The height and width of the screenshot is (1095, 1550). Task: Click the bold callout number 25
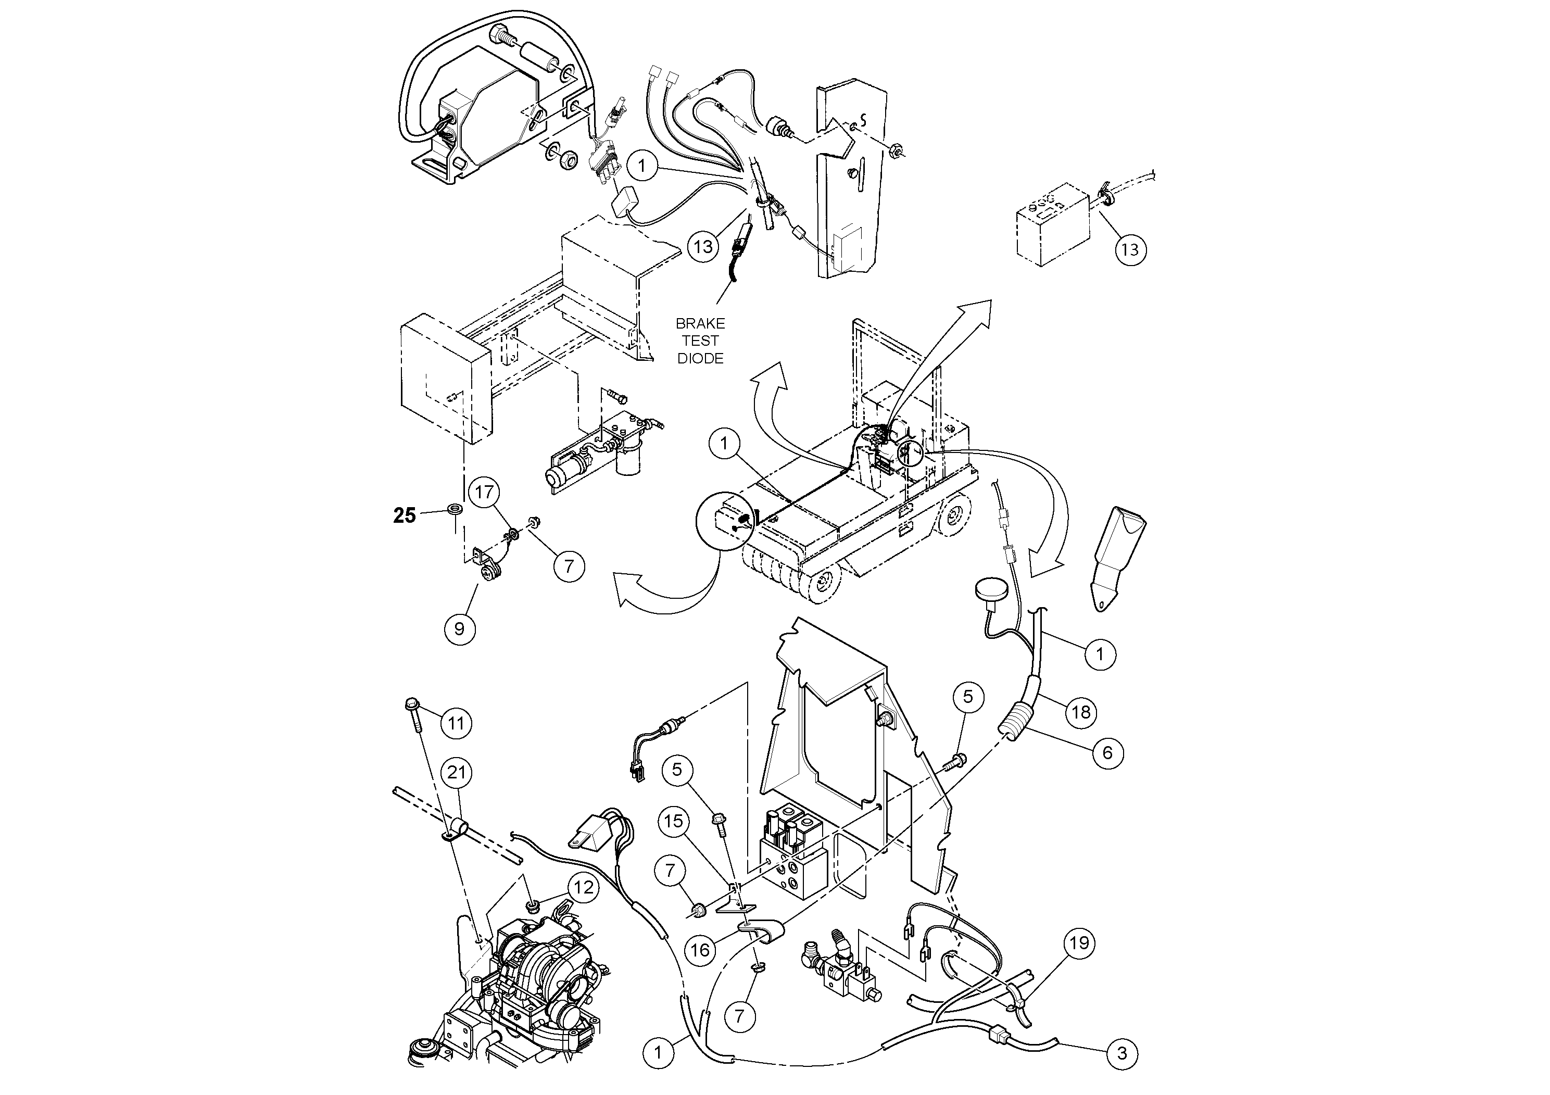coord(405,516)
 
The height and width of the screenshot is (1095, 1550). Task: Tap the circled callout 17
coord(485,492)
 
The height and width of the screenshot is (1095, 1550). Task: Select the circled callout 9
coord(460,629)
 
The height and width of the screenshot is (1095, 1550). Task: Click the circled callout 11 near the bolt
coord(457,724)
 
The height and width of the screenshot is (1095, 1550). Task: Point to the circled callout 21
coord(457,772)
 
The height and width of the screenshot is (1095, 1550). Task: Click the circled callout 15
coord(674,822)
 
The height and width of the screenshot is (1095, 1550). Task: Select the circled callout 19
coord(1079,942)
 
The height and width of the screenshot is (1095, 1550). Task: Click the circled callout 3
coord(1122,1053)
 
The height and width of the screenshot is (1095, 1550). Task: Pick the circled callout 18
coord(1081,712)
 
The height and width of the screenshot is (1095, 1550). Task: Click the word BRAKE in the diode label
coord(700,323)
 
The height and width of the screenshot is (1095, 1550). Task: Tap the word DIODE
coord(700,358)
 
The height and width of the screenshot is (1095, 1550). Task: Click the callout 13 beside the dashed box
coord(1130,250)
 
